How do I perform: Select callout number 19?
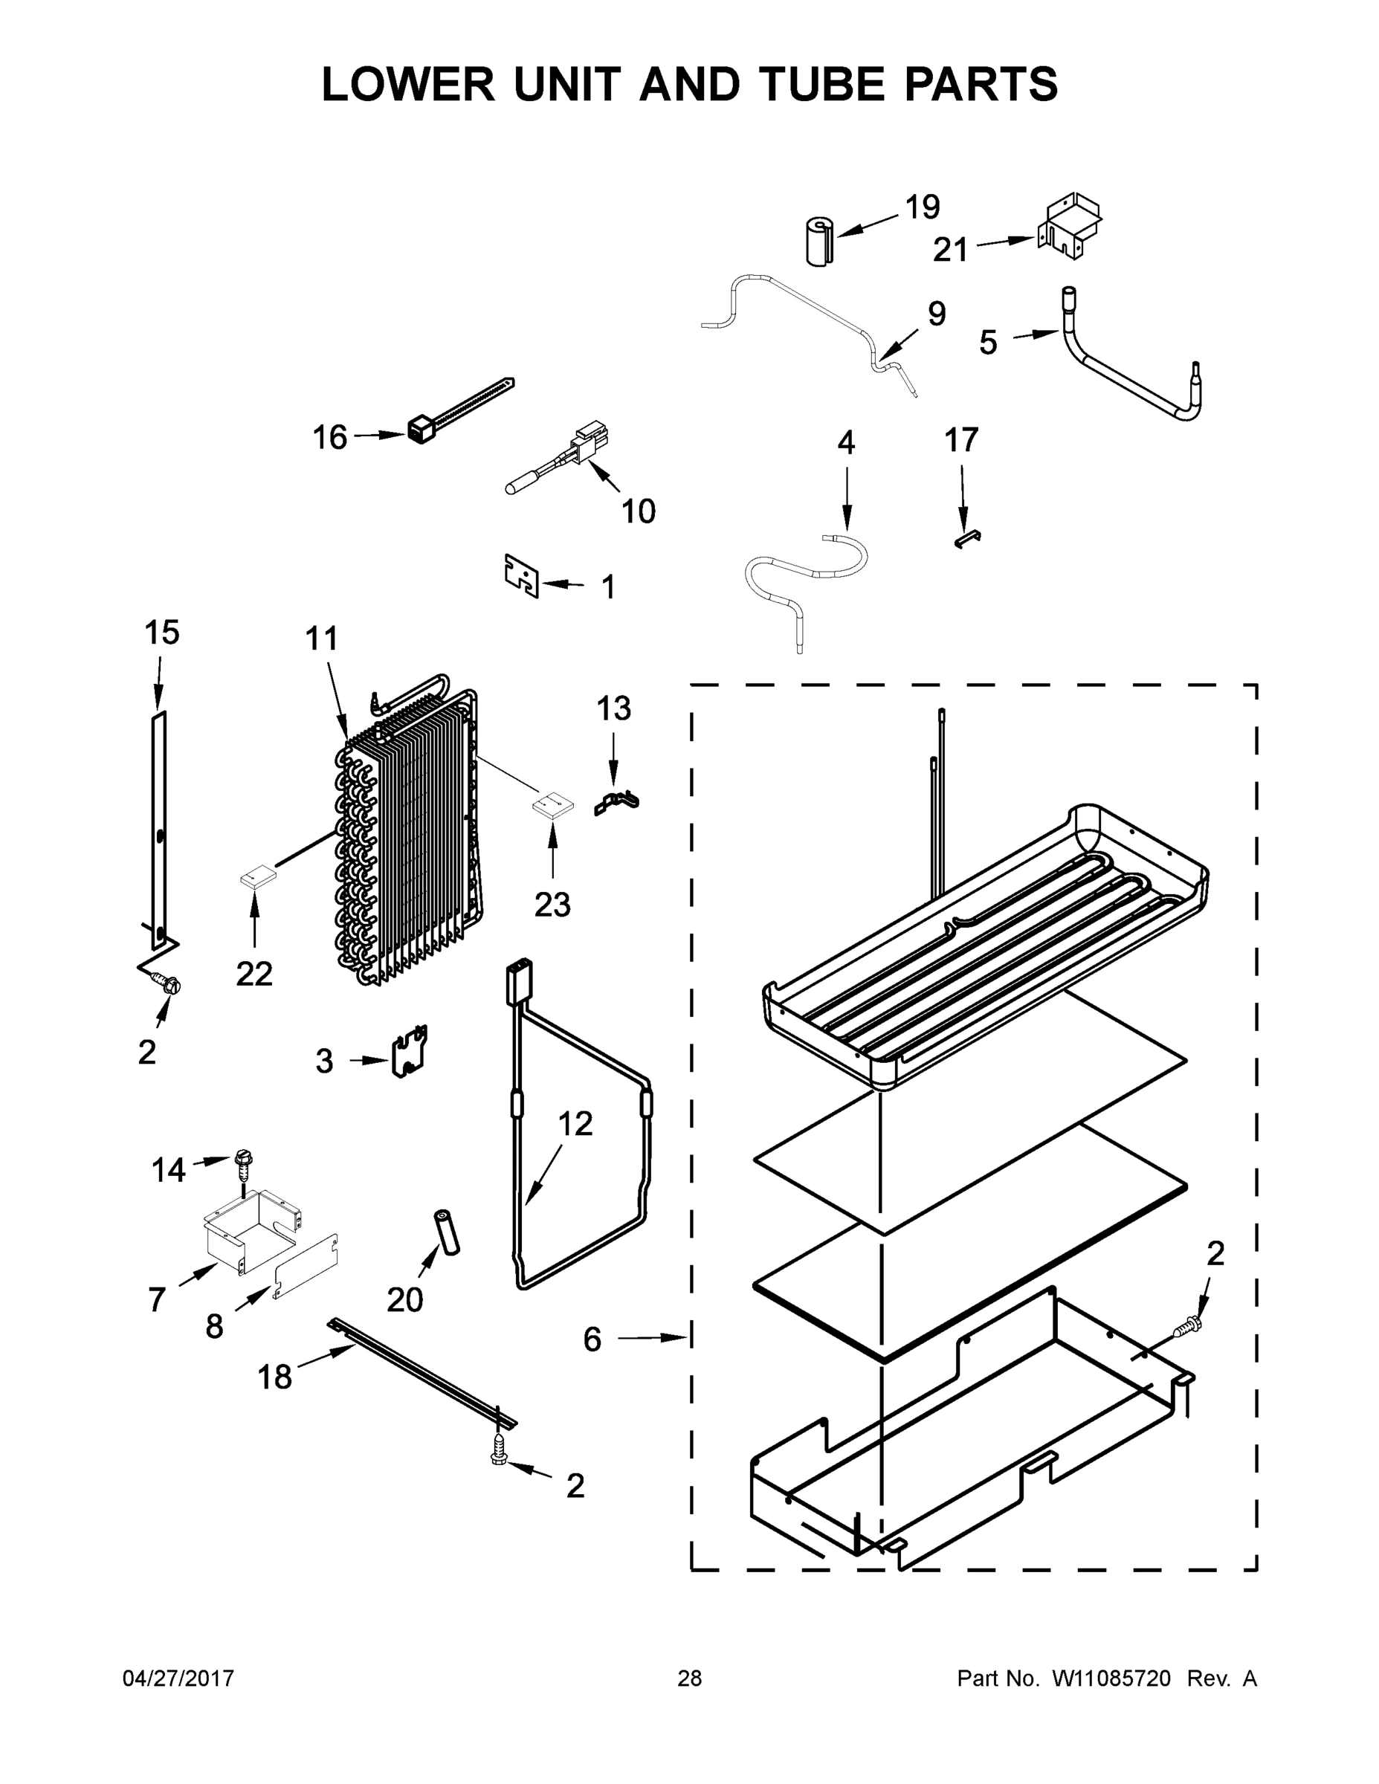pyautogui.click(x=923, y=207)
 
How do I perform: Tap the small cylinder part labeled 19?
pyautogui.click(x=817, y=242)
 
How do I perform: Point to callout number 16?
pyautogui.click(x=330, y=438)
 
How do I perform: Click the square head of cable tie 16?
pyautogui.click(x=419, y=430)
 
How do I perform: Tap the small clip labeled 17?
pyautogui.click(x=967, y=537)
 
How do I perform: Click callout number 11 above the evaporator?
pyautogui.click(x=321, y=638)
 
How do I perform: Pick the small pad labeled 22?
pyautogui.click(x=258, y=877)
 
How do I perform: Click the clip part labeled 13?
pyautogui.click(x=617, y=803)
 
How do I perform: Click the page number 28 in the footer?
pyautogui.click(x=690, y=1678)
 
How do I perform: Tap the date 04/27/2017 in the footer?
pyautogui.click(x=178, y=1678)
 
